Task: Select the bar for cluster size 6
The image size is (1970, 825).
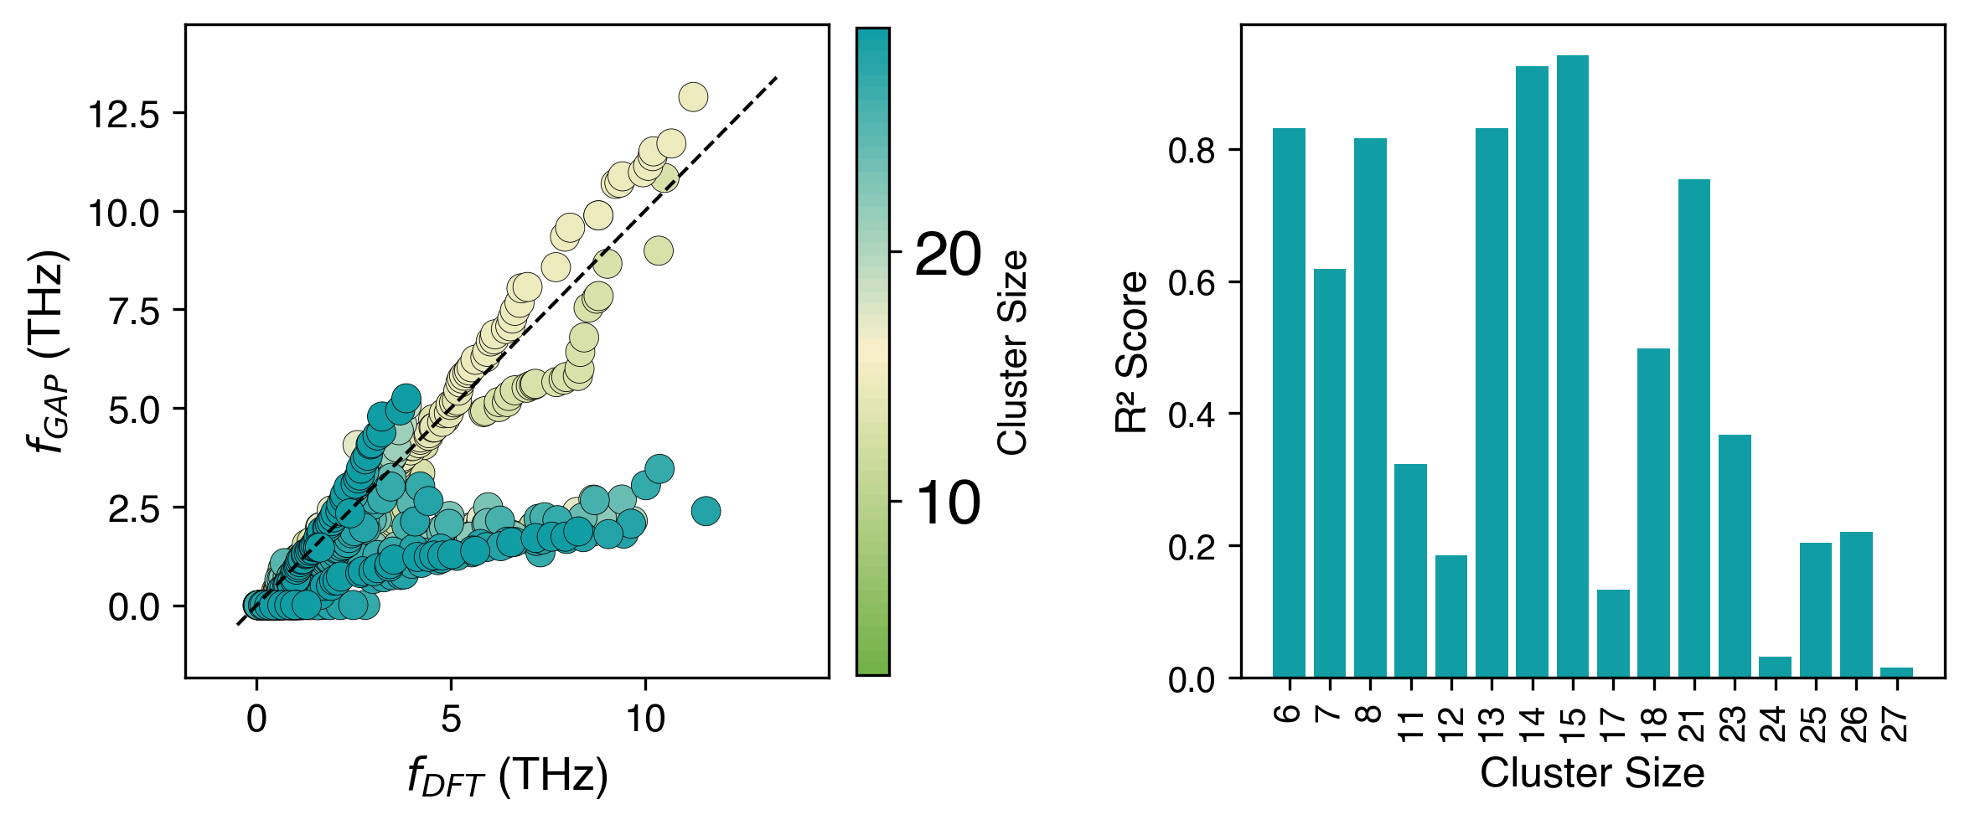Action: click(1289, 402)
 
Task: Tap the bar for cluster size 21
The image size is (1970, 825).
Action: click(1693, 428)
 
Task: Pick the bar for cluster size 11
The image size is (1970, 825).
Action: click(1410, 570)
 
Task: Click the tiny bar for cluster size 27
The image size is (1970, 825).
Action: click(1896, 673)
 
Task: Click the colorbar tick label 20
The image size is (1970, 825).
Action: click(948, 253)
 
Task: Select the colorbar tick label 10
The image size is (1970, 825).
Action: click(948, 503)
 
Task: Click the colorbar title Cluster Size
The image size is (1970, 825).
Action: click(1013, 352)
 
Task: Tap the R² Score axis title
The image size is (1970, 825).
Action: click(1131, 352)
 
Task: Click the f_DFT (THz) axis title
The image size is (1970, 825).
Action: click(508, 776)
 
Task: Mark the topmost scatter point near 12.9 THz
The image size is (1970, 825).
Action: click(693, 97)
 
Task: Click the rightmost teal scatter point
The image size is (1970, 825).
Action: click(706, 511)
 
